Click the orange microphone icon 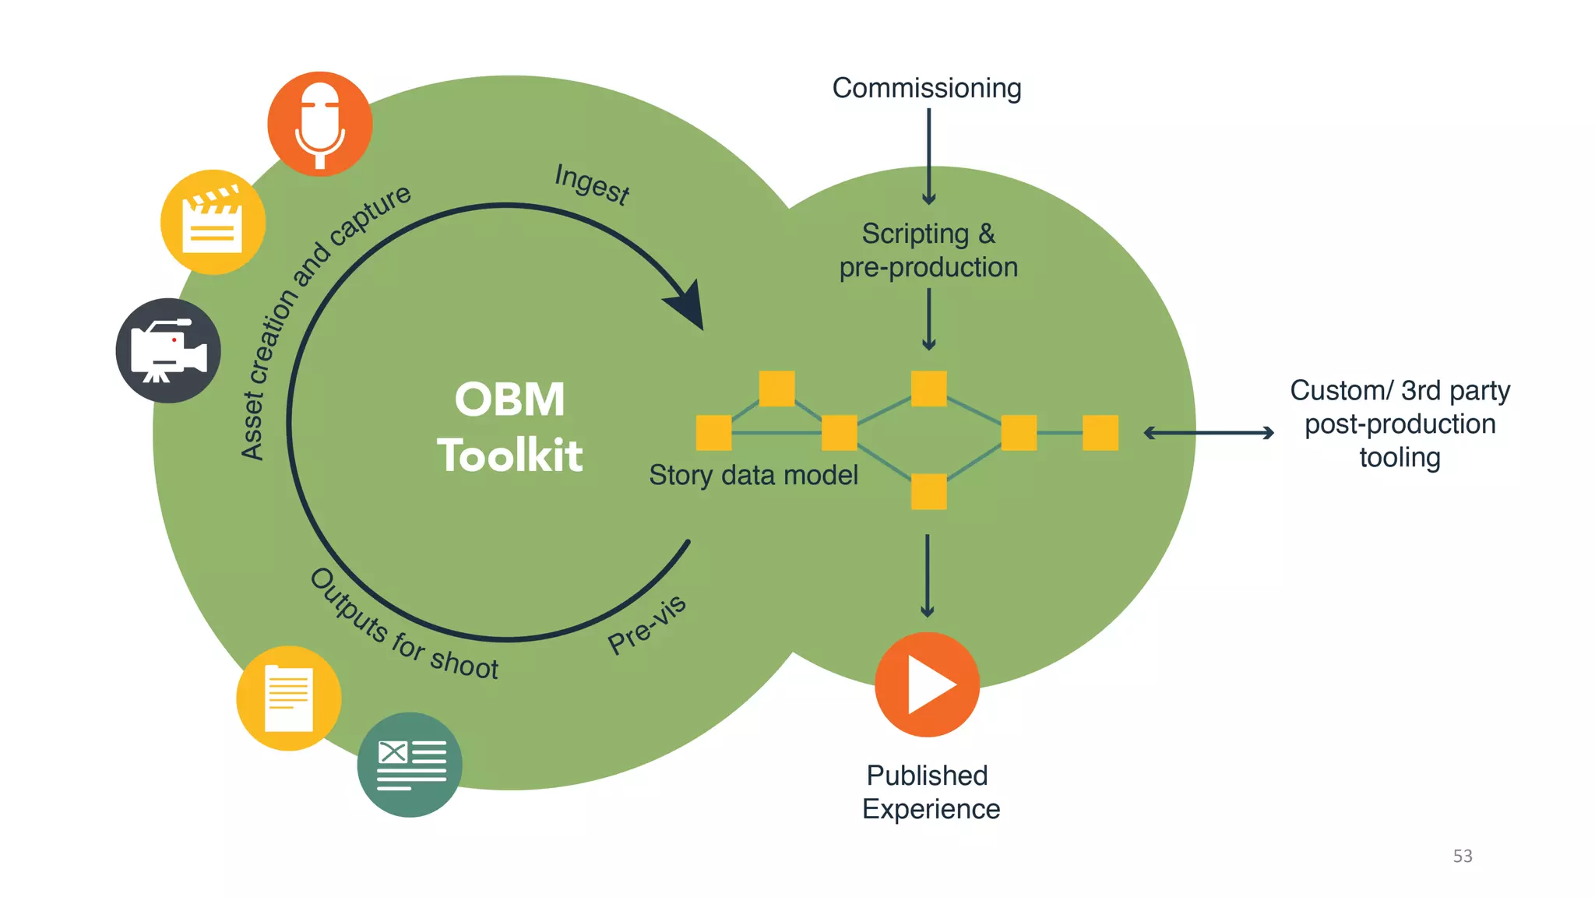tap(319, 124)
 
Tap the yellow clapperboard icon tap(213, 222)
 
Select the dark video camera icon tap(168, 350)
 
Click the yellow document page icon tap(288, 698)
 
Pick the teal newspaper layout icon tap(410, 765)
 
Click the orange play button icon tap(927, 684)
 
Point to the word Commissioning tap(927, 88)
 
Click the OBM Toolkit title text tap(509, 427)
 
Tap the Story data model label tap(753, 475)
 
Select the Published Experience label tap(930, 792)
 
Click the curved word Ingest tap(592, 185)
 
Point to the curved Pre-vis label tap(646, 624)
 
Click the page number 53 tap(1463, 856)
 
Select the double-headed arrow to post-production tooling tap(1208, 433)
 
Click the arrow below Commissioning tap(928, 156)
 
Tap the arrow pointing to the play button tap(927, 575)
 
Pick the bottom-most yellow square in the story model tap(928, 491)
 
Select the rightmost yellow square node tap(1100, 433)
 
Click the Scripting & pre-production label tap(928, 250)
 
